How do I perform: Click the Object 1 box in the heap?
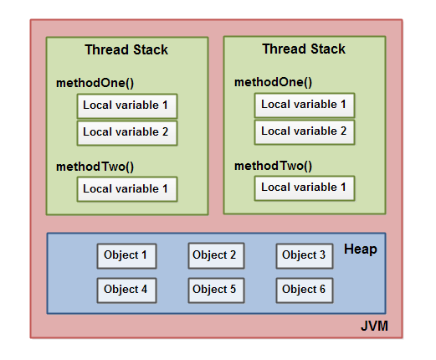click(x=126, y=256)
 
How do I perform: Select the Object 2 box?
click(x=216, y=256)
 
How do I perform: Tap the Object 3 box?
click(x=305, y=256)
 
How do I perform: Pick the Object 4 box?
click(x=126, y=291)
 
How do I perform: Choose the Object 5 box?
click(x=216, y=291)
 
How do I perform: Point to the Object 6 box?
click(x=305, y=291)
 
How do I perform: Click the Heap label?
click(x=361, y=249)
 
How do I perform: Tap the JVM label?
click(x=374, y=326)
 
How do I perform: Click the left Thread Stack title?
click(x=126, y=49)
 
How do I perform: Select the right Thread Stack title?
click(x=304, y=49)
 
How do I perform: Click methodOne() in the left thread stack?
click(x=95, y=83)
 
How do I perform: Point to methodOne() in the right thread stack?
click(x=273, y=82)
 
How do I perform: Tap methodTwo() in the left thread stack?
click(x=95, y=167)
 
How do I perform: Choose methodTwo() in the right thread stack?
click(x=273, y=166)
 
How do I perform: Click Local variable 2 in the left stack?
click(x=127, y=133)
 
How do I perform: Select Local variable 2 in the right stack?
click(x=305, y=132)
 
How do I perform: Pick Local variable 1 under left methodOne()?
click(x=127, y=106)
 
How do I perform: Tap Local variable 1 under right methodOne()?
click(x=305, y=105)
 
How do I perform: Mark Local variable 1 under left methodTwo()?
click(x=127, y=189)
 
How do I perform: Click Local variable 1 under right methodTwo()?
click(x=305, y=188)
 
